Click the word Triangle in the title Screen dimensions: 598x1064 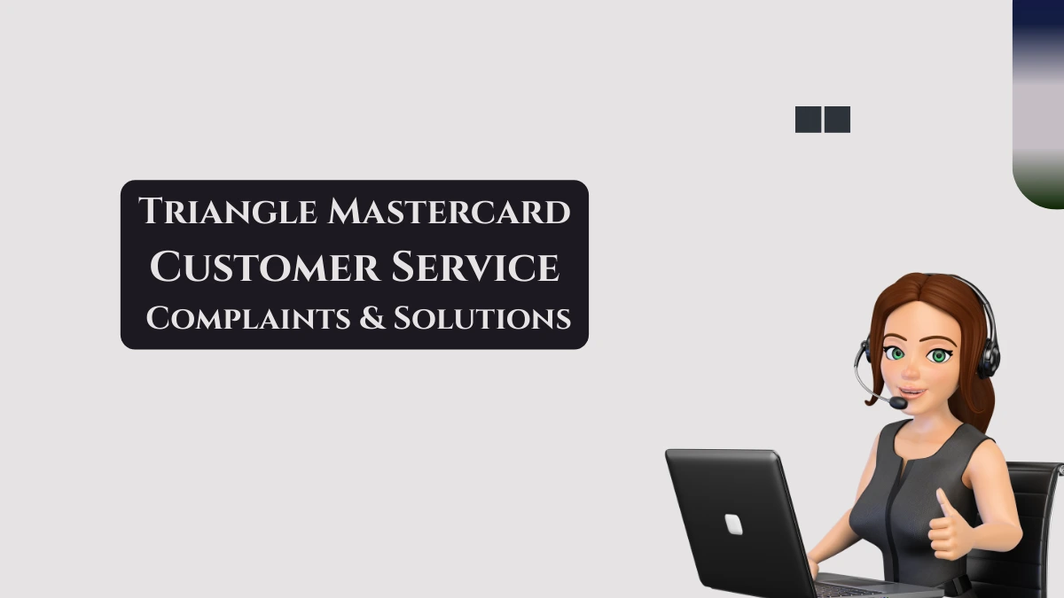tap(227, 212)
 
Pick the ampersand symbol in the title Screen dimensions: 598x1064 tap(372, 318)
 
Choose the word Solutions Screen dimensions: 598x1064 tap(482, 318)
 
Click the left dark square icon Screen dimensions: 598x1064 tap(808, 120)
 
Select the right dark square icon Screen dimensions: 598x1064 tap(837, 120)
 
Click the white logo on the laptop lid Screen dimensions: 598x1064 tap(733, 524)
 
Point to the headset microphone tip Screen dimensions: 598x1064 tap(898, 403)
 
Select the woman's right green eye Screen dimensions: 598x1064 tap(938, 355)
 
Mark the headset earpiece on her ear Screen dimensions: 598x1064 tap(987, 359)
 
